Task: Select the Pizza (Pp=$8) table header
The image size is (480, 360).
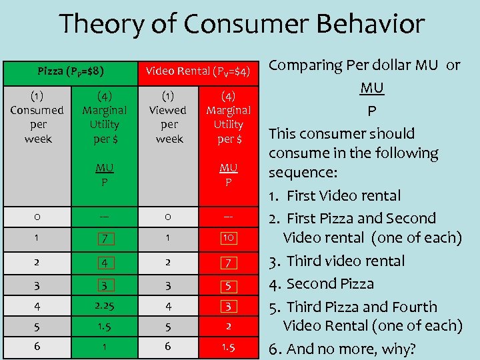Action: [70, 70]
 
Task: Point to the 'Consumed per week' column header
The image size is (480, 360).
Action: [37, 117]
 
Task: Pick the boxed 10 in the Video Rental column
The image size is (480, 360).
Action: [228, 238]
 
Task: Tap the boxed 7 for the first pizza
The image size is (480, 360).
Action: [104, 238]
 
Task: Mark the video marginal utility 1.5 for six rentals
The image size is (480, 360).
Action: [228, 347]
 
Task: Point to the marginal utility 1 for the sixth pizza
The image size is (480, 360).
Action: [104, 347]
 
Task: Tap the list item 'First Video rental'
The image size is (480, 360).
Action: [344, 196]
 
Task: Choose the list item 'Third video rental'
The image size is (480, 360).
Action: [346, 261]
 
